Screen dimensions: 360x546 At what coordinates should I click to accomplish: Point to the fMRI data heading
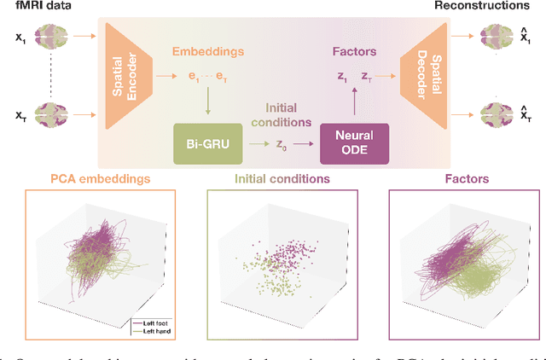tap(36, 7)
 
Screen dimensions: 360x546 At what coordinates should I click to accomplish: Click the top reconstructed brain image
tap(496, 38)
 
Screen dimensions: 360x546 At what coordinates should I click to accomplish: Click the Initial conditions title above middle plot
tap(271, 178)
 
